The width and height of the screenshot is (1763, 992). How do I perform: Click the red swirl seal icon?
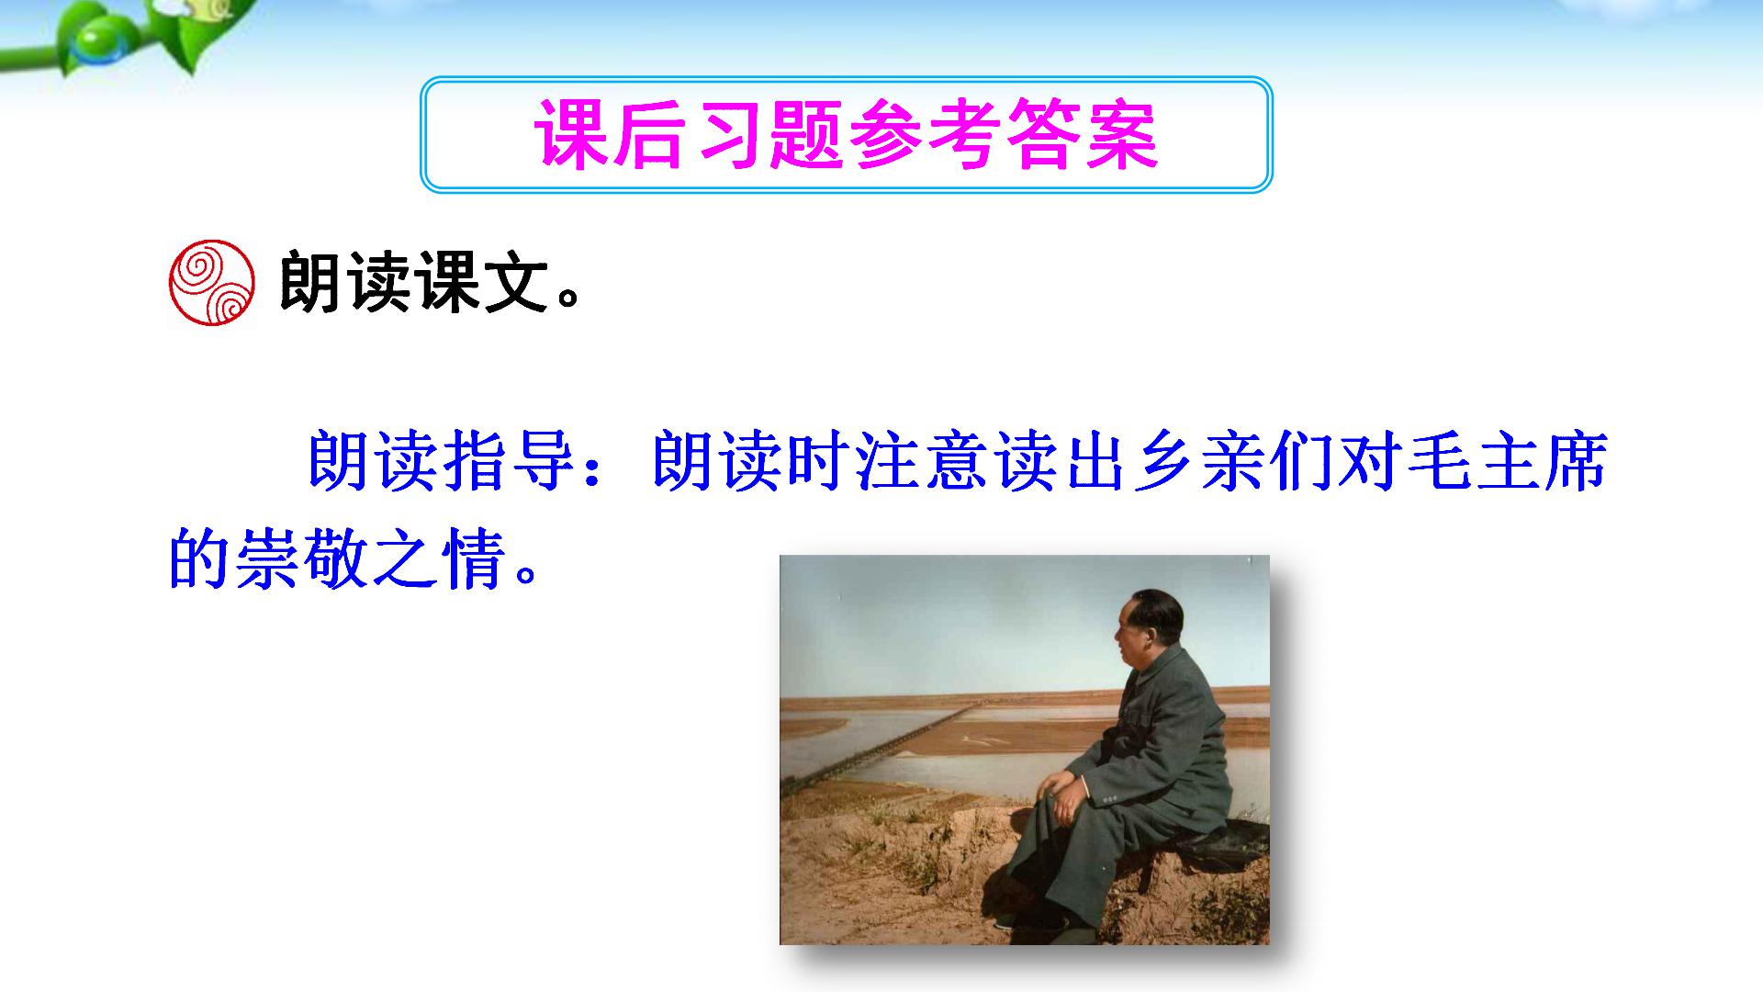click(211, 284)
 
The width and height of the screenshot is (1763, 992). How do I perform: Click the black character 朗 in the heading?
click(312, 282)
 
